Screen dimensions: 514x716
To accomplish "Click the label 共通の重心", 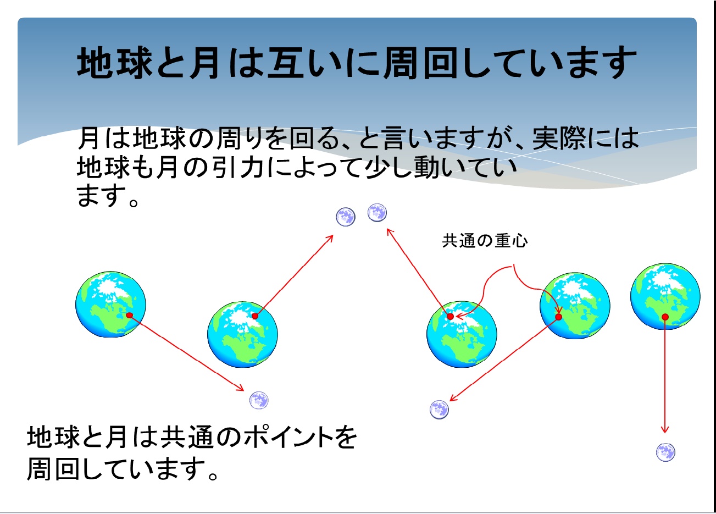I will click(x=485, y=241).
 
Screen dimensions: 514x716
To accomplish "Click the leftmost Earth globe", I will click(x=110, y=304).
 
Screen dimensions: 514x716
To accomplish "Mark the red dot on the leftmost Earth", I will click(x=130, y=315).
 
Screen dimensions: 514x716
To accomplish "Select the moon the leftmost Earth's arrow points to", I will click(x=259, y=400).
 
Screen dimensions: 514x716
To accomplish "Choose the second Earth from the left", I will click(x=242, y=334).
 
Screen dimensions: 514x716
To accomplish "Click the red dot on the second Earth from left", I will click(x=254, y=316).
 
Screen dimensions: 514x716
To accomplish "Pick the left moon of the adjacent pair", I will click(x=346, y=217).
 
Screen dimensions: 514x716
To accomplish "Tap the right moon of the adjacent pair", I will click(x=377, y=212).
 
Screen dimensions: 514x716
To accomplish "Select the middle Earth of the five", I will click(x=462, y=334).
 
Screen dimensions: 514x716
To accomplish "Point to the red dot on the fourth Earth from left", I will click(x=558, y=317).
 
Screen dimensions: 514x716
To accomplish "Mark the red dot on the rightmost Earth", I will click(x=665, y=317).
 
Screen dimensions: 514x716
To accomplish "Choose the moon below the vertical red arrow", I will click(x=665, y=452).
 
